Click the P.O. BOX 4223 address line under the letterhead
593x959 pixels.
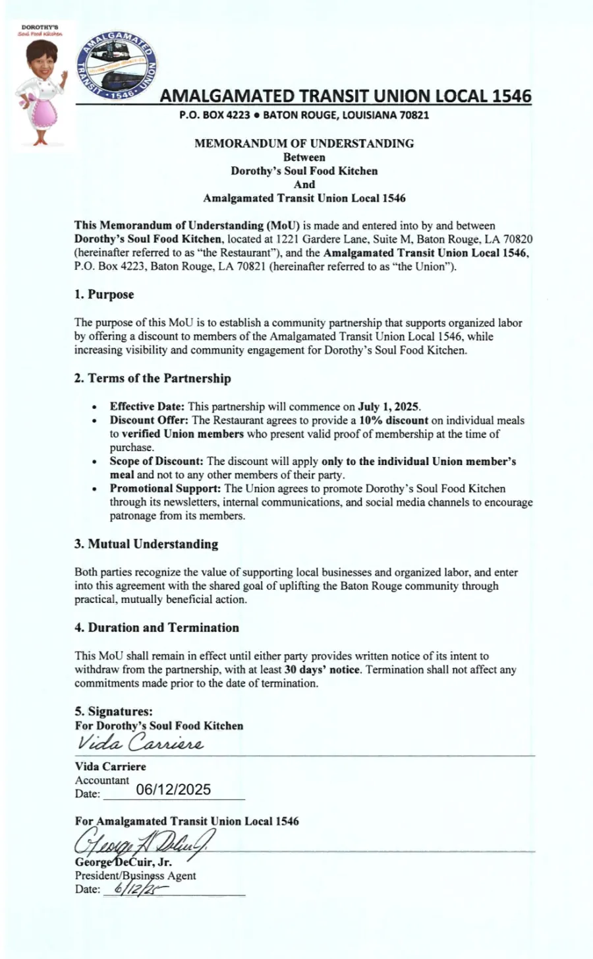pos(304,115)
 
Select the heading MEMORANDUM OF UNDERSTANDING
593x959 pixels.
pos(304,143)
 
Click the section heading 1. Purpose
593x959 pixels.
pos(104,295)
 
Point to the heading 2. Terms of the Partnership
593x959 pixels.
pos(152,379)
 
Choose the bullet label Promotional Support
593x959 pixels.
pos(165,489)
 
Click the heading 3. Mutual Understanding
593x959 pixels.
pos(146,544)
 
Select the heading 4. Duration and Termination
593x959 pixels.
pos(156,628)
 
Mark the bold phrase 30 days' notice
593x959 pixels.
pos(322,670)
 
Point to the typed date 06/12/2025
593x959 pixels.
pos(173,790)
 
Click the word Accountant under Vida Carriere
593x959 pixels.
pos(102,780)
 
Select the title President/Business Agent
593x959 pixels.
pos(135,876)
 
